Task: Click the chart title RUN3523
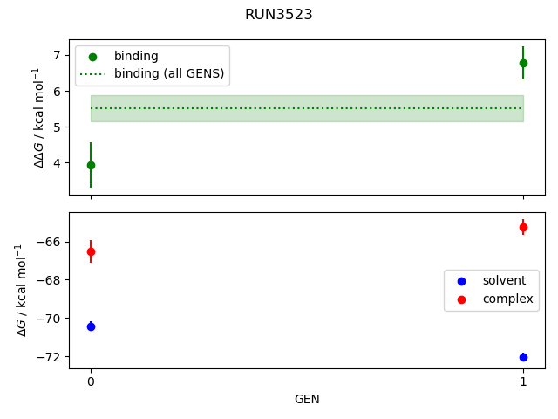[x=278, y=15]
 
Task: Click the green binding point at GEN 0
[x=91, y=165]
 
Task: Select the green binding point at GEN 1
[x=523, y=63]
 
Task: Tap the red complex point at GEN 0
[x=91, y=251]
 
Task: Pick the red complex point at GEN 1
[x=523, y=227]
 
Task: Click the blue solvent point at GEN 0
[x=91, y=326]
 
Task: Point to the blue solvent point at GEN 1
[x=523, y=357]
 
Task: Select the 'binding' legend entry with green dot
[x=136, y=56]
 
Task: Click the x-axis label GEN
[x=307, y=400]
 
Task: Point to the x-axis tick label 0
[x=91, y=382]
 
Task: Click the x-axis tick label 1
[x=523, y=382]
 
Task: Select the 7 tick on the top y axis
[x=58, y=55]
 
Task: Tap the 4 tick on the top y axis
[x=58, y=163]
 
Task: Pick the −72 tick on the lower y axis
[x=49, y=357]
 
